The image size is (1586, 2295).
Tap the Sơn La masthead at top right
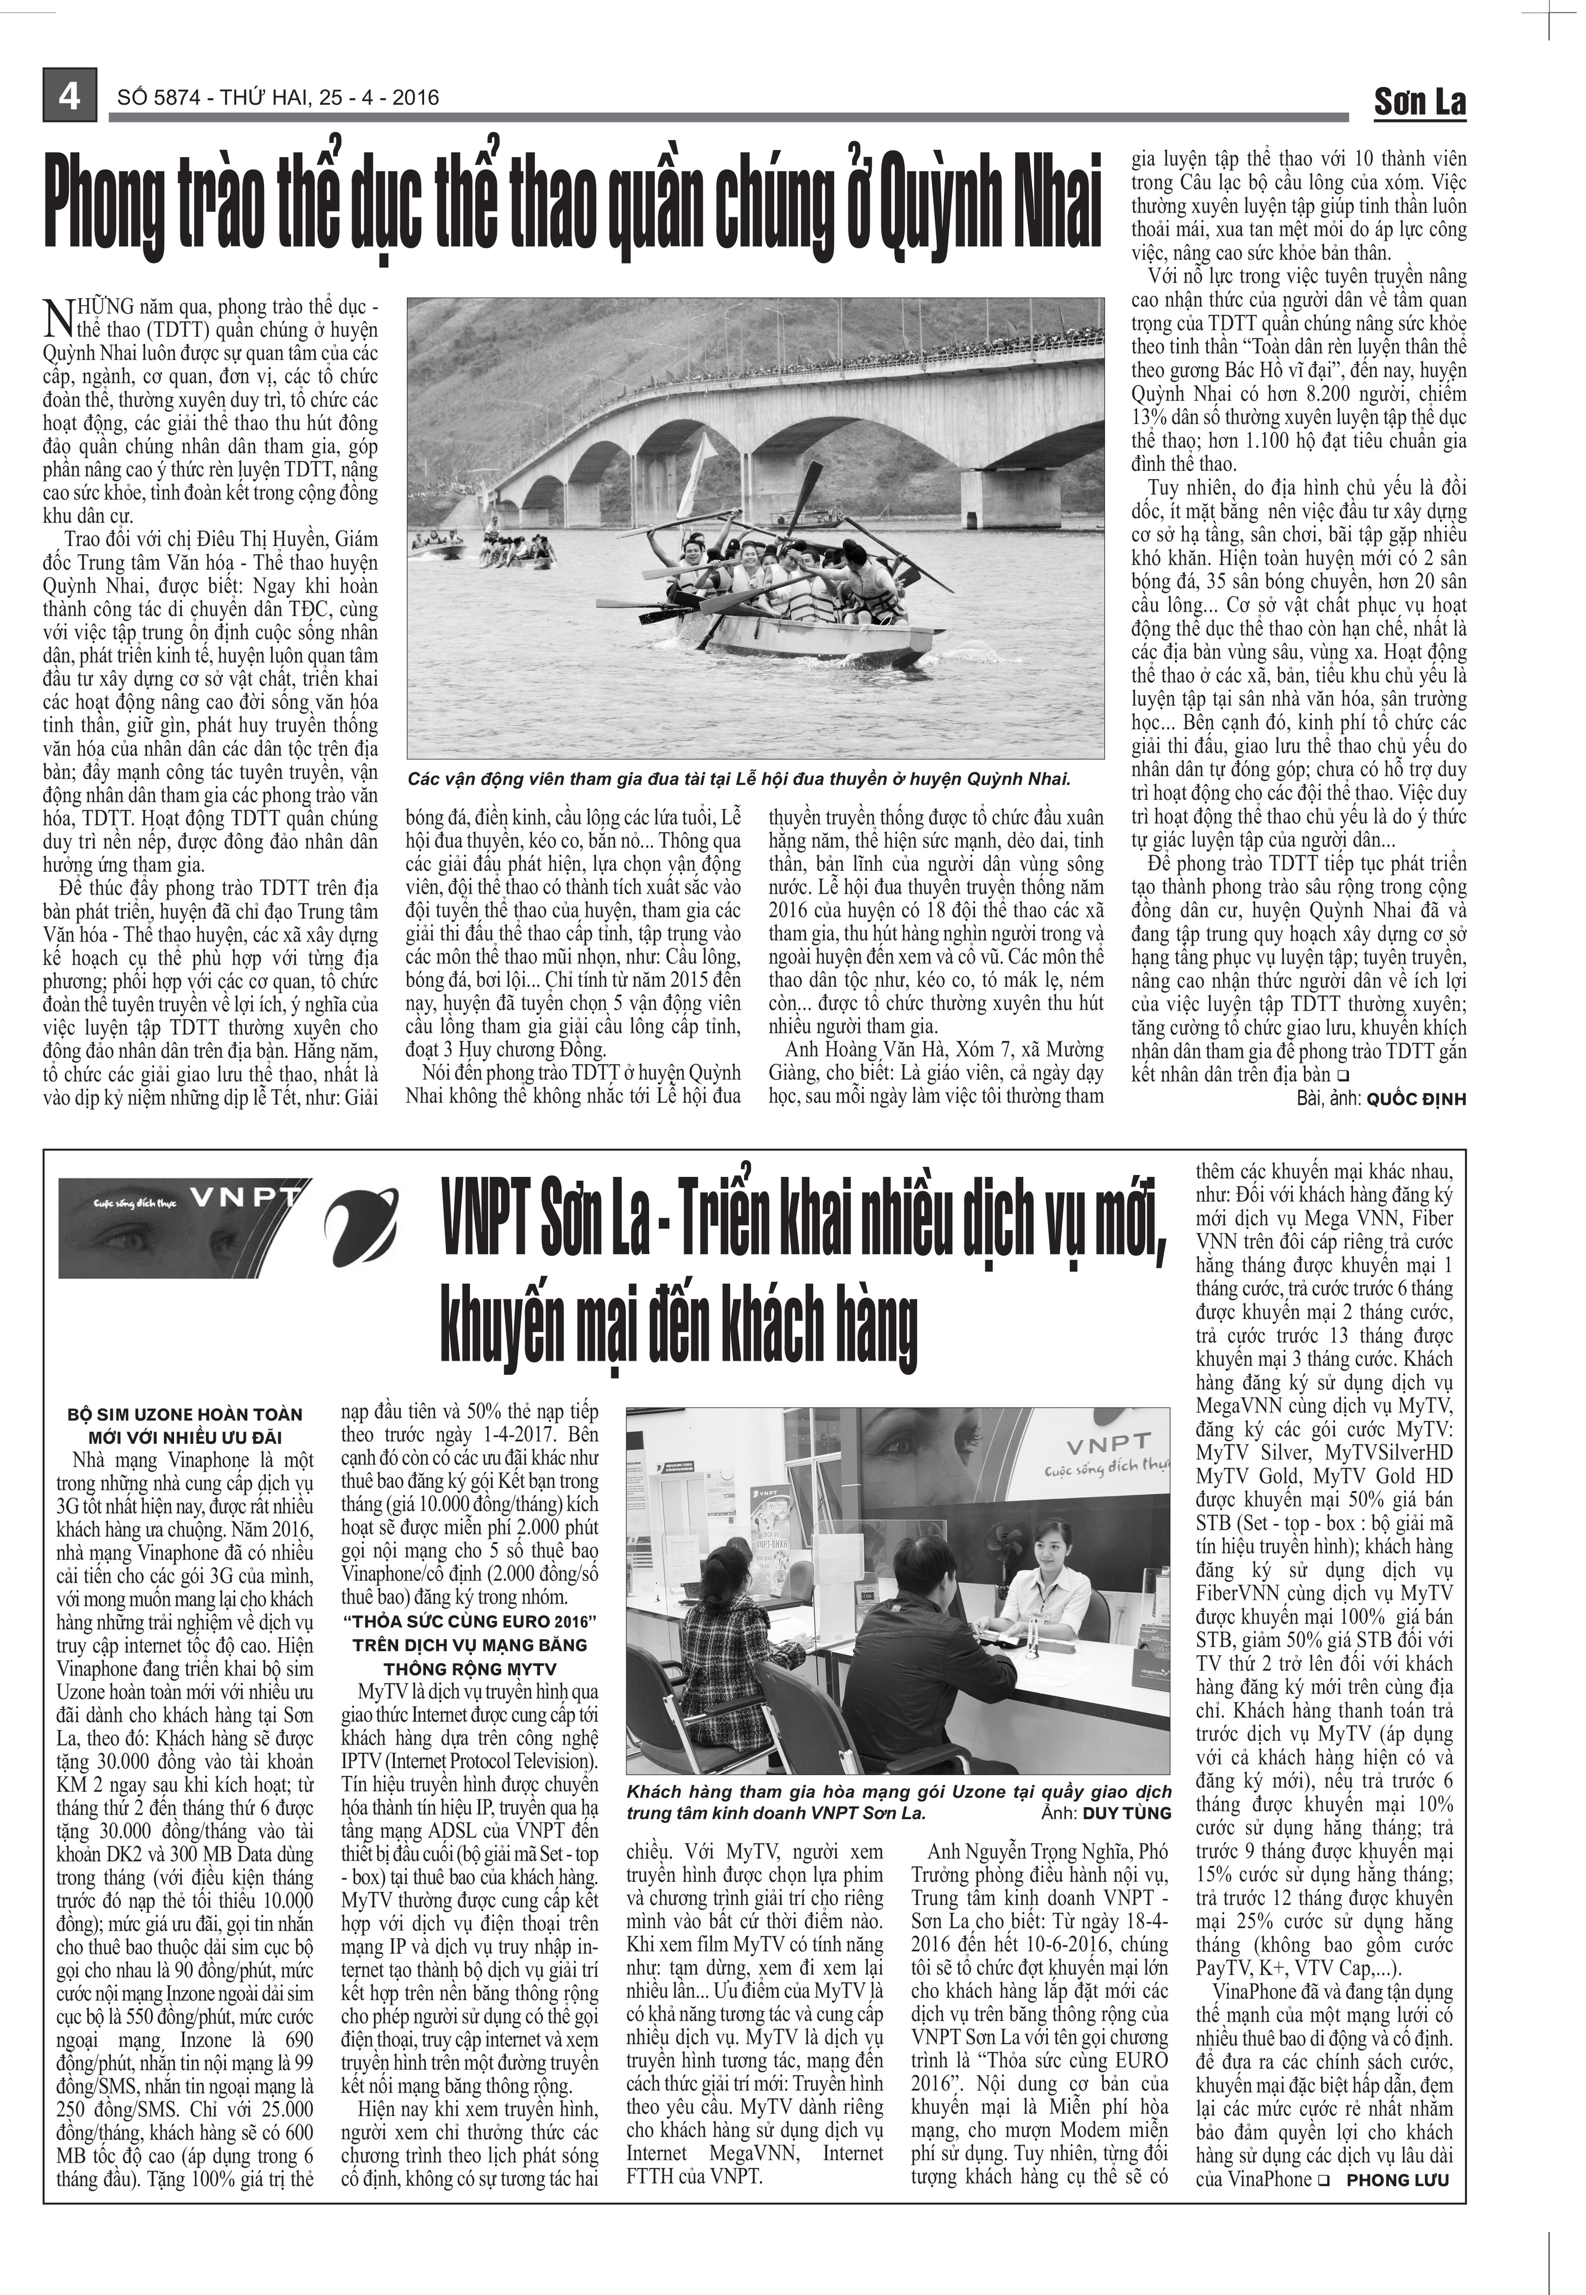(1419, 100)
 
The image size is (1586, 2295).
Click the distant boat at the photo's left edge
(438, 548)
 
